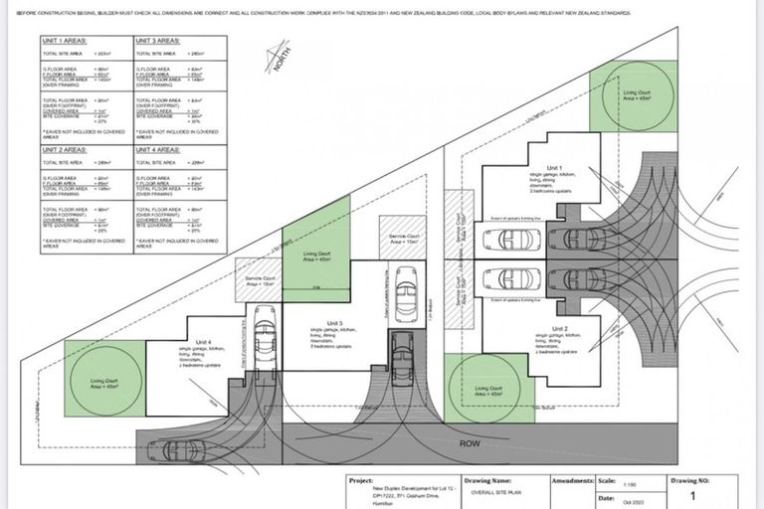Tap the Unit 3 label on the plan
coord(334,324)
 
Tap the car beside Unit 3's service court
coord(406,295)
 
